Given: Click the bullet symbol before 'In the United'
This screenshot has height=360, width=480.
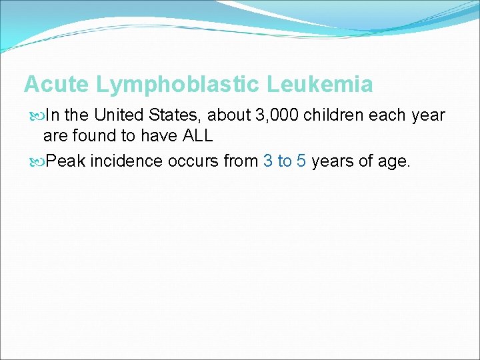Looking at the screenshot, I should [x=35, y=115].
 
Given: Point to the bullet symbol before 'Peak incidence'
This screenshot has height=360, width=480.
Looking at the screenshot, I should [x=35, y=161].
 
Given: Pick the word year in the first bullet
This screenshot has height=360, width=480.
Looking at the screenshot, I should [x=428, y=115].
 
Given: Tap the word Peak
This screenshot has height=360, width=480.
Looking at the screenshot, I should [x=65, y=161].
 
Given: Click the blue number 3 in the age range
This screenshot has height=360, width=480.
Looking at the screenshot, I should [x=267, y=161].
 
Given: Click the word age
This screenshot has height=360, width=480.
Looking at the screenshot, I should [x=394, y=161].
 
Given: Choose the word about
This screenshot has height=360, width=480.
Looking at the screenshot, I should [x=230, y=115].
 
